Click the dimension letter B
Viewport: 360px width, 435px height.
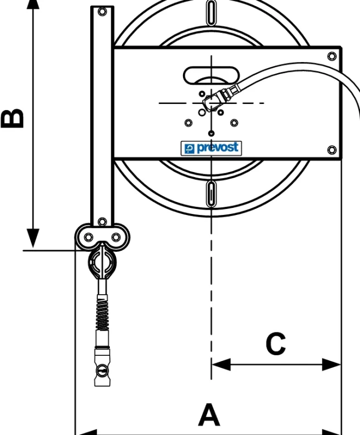click(12, 118)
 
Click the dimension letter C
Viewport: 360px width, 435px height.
click(276, 344)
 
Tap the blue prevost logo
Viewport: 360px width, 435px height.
click(211, 148)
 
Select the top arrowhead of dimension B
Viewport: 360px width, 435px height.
click(33, 5)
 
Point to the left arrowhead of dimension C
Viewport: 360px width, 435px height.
click(221, 364)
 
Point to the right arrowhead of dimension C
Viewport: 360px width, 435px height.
click(331, 364)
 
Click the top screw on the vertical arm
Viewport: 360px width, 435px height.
click(102, 12)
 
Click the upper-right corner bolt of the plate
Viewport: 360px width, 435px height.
click(332, 56)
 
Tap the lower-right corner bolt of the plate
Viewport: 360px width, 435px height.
click(332, 150)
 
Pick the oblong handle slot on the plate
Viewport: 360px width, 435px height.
click(211, 75)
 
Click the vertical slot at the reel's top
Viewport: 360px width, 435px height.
click(212, 12)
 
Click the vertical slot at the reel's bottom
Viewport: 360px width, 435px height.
click(212, 194)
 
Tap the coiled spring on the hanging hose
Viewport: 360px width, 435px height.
click(102, 312)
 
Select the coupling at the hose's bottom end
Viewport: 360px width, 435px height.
click(102, 367)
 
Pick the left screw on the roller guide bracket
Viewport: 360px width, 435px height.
click(88, 237)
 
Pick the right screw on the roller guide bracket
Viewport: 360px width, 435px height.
click(115, 237)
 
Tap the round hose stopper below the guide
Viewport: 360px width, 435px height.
click(102, 262)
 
